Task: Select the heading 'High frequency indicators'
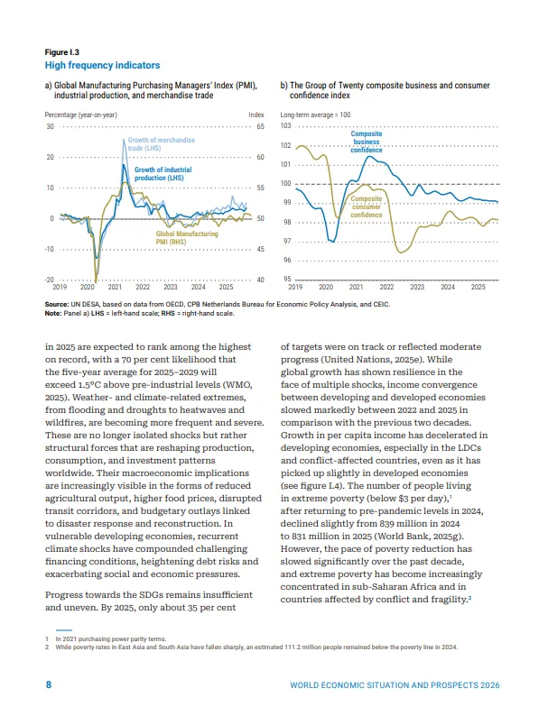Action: pyautogui.click(x=102, y=66)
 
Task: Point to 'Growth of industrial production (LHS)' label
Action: pyautogui.click(x=163, y=173)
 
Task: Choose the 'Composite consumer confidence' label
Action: pyautogui.click(x=366, y=207)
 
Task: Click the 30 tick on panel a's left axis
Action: pyautogui.click(x=50, y=127)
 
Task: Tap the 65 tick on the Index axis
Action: pyautogui.click(x=260, y=127)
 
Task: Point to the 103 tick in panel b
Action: pyautogui.click(x=287, y=127)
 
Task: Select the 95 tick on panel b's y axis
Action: pyautogui.click(x=287, y=280)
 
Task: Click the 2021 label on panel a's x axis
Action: pyautogui.click(x=115, y=287)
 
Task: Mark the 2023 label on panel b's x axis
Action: pyautogui.click(x=417, y=287)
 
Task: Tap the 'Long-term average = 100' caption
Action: pyautogui.click(x=316, y=115)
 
